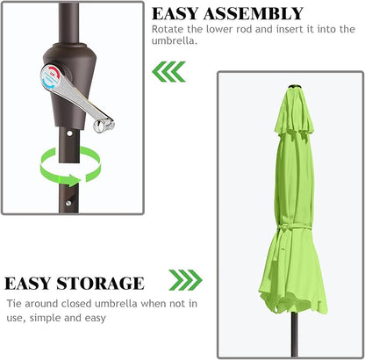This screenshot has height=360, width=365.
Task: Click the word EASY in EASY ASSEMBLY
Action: click(x=175, y=13)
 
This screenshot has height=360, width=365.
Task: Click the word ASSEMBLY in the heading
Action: click(x=254, y=13)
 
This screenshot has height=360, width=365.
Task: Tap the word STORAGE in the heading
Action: click(x=100, y=284)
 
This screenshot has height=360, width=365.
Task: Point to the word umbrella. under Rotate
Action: click(x=175, y=40)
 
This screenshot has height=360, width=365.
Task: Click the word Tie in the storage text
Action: click(x=14, y=303)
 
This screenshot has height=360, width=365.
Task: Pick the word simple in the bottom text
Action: click(x=46, y=318)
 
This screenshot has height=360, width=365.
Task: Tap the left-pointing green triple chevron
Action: click(x=168, y=71)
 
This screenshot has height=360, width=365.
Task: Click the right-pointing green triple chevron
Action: click(x=185, y=280)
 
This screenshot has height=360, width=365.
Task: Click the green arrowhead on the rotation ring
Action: click(x=72, y=180)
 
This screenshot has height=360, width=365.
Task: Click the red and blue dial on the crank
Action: click(x=51, y=76)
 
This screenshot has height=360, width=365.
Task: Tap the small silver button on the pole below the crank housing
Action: click(x=69, y=133)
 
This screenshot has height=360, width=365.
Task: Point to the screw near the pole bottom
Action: click(x=68, y=203)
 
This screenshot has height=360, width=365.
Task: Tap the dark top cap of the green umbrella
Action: click(x=295, y=87)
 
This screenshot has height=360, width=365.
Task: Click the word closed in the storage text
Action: click(x=76, y=303)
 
